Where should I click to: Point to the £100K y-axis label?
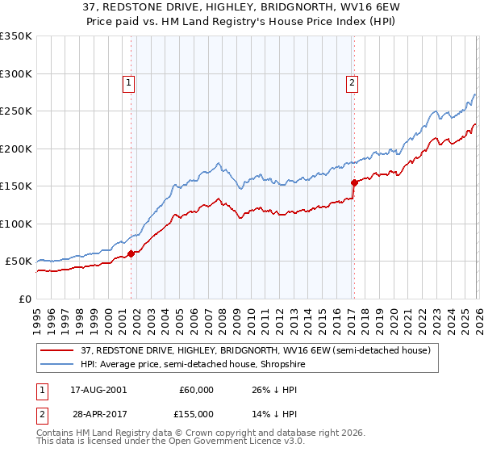(16, 224)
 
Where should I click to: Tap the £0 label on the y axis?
(24, 299)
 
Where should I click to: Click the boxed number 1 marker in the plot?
(129, 82)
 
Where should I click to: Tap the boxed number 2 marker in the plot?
(353, 82)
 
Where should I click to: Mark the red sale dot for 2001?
(131, 253)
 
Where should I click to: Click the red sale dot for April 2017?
(354, 182)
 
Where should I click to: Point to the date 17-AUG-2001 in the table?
(98, 390)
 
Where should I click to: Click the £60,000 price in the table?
(196, 390)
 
